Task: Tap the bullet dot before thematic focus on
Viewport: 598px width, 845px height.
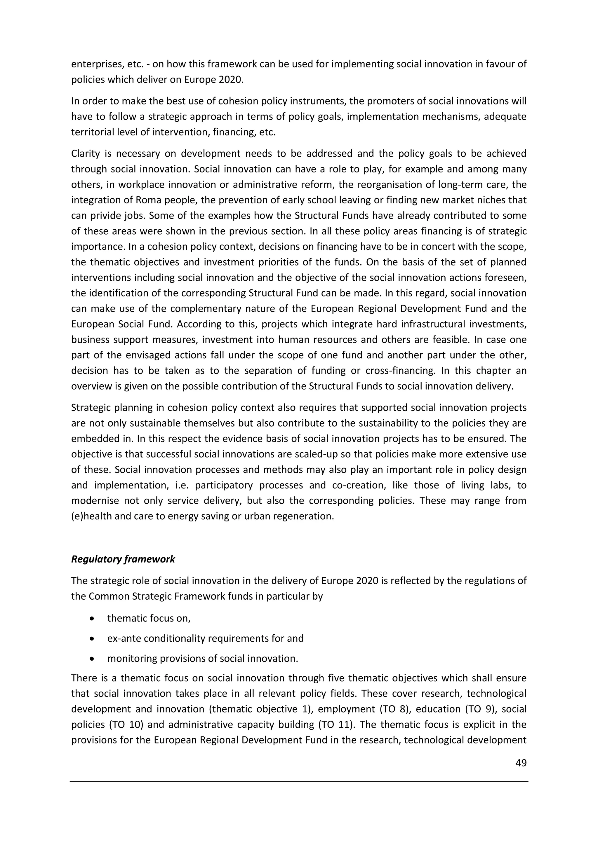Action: [92, 619]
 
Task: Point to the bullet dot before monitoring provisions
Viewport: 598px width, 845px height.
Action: [92, 659]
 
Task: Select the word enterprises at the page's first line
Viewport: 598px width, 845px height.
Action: [94, 64]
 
